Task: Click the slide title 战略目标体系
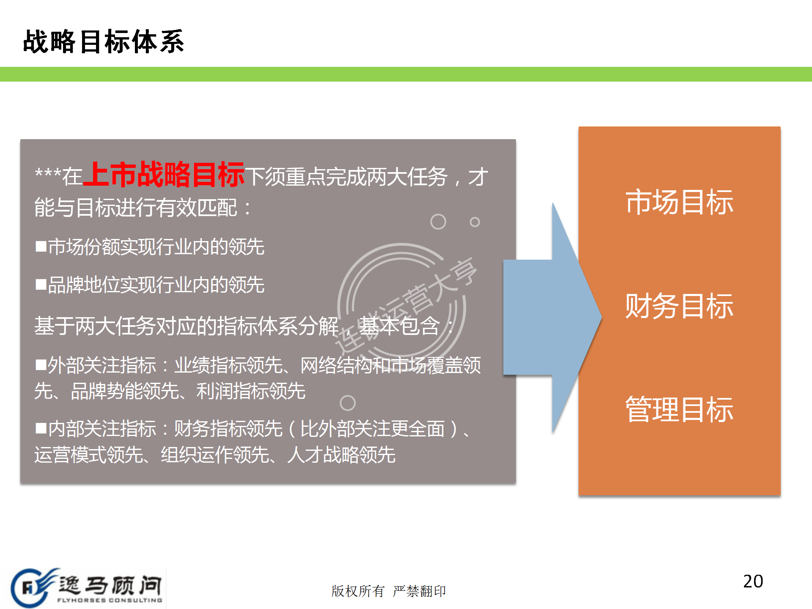(104, 41)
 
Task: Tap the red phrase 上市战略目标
(164, 174)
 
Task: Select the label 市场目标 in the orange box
(679, 202)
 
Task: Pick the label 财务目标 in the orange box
(679, 306)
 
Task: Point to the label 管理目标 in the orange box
(679, 409)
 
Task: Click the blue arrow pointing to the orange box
(552, 317)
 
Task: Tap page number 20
(753, 581)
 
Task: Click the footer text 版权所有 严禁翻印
(389, 591)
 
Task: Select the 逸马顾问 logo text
(110, 585)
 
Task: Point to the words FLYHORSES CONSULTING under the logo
(110, 600)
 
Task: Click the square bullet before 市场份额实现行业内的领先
(41, 247)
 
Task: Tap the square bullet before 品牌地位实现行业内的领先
(41, 285)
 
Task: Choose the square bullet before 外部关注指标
(41, 365)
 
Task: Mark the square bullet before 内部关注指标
(41, 428)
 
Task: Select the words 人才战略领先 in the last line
(341, 455)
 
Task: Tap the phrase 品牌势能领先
(125, 391)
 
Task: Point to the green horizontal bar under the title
(406, 74)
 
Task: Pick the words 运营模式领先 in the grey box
(88, 455)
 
